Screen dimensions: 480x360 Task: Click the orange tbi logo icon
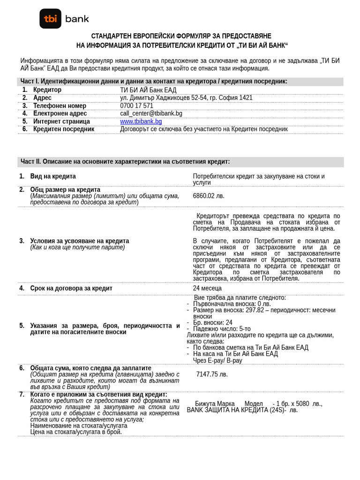click(50, 19)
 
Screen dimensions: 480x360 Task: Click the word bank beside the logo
click(77, 19)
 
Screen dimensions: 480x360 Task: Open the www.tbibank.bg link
click(141, 121)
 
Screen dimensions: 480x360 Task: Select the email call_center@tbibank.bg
click(151, 113)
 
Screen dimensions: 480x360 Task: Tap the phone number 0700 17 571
click(136, 106)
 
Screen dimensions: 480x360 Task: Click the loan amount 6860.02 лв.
click(209, 196)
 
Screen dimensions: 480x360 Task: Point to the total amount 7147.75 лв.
click(212, 374)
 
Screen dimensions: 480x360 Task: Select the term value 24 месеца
click(207, 288)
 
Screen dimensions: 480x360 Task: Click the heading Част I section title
click(154, 82)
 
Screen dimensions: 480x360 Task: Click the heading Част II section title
click(125, 162)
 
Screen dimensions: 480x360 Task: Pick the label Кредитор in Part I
click(47, 90)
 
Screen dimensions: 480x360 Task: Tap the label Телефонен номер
click(60, 106)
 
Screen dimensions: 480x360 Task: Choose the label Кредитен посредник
click(64, 129)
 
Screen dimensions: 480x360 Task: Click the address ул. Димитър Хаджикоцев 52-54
click(186, 98)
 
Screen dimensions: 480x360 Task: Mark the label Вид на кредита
click(53, 176)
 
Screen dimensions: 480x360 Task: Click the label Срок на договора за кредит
click(71, 288)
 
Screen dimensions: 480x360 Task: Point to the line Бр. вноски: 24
click(212, 322)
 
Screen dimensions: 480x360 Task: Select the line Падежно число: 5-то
click(222, 329)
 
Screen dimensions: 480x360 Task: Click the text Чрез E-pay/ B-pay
click(217, 360)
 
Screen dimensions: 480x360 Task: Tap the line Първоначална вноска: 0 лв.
click(232, 304)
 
